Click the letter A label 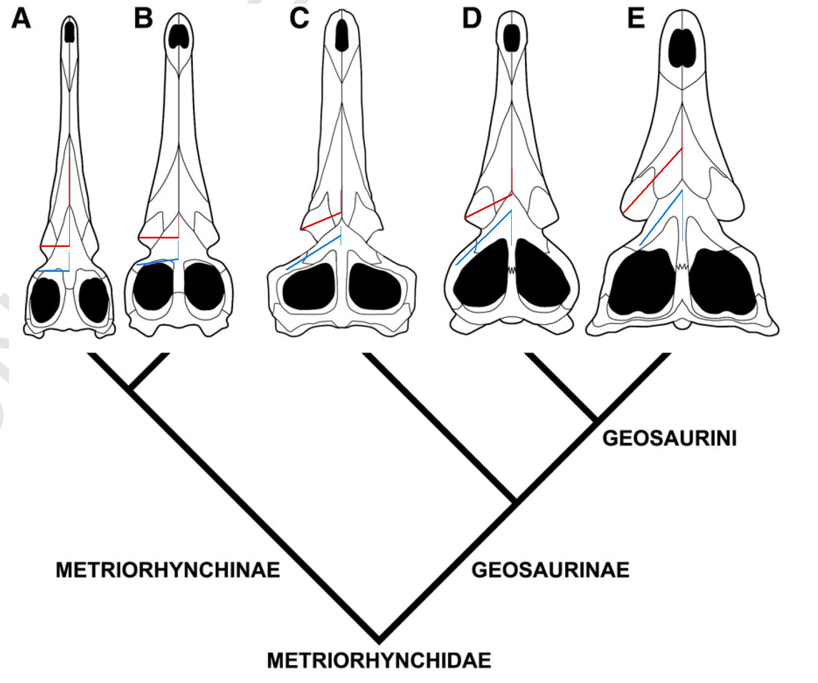click(x=21, y=20)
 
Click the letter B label click(x=144, y=19)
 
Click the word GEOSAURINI click(x=670, y=439)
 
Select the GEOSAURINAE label click(x=550, y=570)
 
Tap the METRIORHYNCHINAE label click(x=168, y=570)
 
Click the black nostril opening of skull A click(x=69, y=32)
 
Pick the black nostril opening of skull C click(x=343, y=34)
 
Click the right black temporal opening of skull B click(x=204, y=286)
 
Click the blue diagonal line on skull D click(x=483, y=237)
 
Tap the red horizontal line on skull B click(x=159, y=237)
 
